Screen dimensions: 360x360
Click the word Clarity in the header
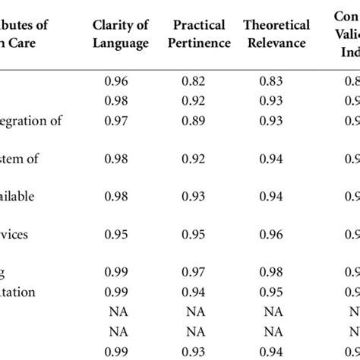(112, 25)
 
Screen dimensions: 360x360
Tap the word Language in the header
(121, 43)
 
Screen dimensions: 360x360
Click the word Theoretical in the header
(276, 25)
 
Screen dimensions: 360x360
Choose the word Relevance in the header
(276, 43)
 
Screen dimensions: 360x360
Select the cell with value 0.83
(276, 79)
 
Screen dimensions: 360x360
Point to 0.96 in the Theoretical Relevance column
(276, 234)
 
